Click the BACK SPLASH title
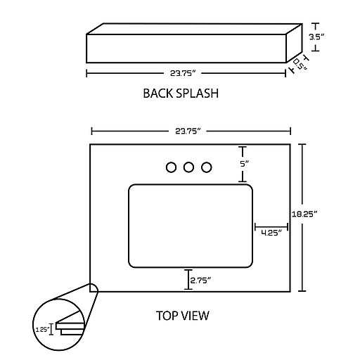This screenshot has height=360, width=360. point(181,94)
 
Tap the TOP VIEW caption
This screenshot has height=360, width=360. point(183,316)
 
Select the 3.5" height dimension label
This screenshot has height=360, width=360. point(316,37)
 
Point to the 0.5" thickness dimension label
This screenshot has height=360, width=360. point(300,64)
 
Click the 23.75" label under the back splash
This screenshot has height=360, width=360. point(183,73)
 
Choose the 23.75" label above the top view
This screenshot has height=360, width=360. point(188,131)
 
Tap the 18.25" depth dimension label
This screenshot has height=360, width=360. point(304,214)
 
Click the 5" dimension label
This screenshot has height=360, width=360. point(245,164)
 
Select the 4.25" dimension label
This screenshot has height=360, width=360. point(271,233)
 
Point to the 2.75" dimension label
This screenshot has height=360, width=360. point(200,281)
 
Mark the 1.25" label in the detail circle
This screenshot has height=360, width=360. point(43,330)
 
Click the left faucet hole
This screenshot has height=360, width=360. point(171,167)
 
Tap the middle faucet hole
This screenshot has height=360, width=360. point(188,167)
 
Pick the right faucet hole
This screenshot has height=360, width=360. point(207,167)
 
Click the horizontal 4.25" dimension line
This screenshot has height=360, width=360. point(271,227)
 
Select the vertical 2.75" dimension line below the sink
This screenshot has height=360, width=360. point(188,279)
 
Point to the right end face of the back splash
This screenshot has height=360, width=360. point(295,44)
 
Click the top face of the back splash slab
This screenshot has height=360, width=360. point(194,29)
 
